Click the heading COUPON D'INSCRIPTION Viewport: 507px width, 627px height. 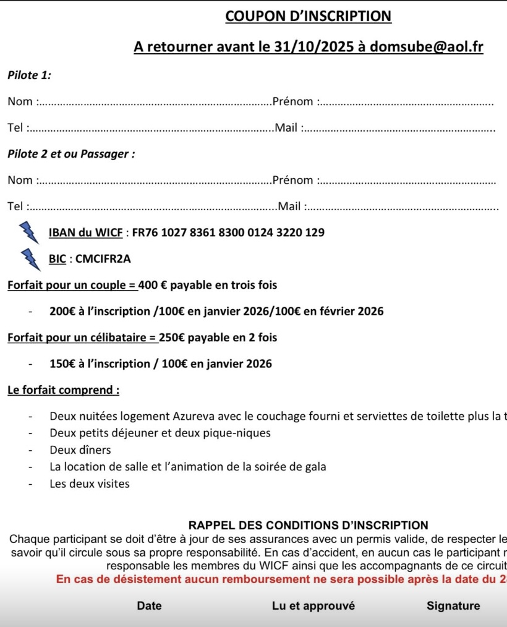[x=309, y=17]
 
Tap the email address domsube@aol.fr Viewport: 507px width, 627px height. [x=427, y=48]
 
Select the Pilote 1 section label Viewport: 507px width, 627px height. [x=29, y=75]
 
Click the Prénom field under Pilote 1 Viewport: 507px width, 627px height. [x=408, y=102]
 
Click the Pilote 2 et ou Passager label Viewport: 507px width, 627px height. [x=71, y=154]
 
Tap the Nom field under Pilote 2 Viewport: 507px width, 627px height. [x=155, y=181]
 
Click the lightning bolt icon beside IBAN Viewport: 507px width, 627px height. [x=28, y=232]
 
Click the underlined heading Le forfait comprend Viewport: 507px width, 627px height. [x=63, y=390]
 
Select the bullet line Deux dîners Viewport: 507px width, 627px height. [x=80, y=450]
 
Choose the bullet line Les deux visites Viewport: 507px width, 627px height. [x=90, y=484]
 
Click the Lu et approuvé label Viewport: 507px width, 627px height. [x=313, y=606]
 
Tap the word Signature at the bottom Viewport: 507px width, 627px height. [x=453, y=606]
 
